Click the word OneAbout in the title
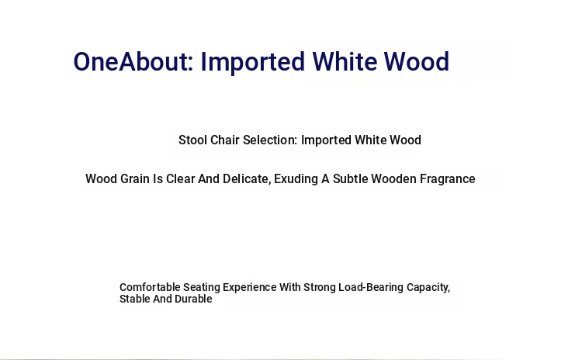point(133,61)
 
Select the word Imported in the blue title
point(253,62)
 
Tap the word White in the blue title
point(345,61)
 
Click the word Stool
point(192,140)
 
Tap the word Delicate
point(247,179)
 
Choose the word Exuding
point(296,179)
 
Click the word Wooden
point(393,179)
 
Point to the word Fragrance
point(447,179)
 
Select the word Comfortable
point(150,287)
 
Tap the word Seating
point(202,288)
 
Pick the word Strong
point(320,288)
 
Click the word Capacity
point(428,288)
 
